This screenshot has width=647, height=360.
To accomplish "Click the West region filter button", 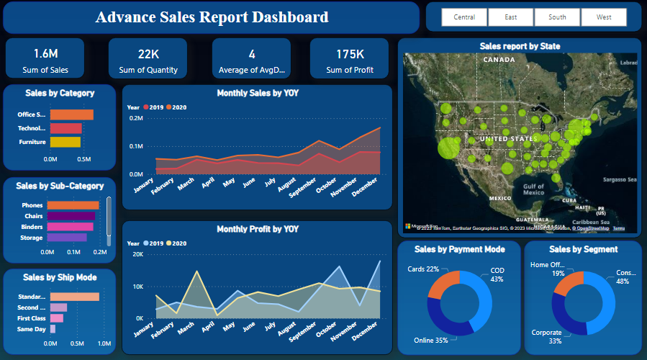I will (x=604, y=17).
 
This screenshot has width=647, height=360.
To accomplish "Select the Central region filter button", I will (x=463, y=17).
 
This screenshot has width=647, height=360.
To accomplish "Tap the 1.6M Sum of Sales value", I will (x=45, y=54).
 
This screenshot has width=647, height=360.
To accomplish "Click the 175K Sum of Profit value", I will (x=350, y=54).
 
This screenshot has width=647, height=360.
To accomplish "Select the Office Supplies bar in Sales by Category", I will (x=71, y=114).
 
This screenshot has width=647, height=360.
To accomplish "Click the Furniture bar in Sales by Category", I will (x=65, y=142).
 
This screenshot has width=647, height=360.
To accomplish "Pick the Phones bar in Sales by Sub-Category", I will (x=73, y=205).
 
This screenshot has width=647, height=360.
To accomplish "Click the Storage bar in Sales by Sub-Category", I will (x=67, y=237).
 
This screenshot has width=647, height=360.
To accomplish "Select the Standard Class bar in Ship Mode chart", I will (x=74, y=297).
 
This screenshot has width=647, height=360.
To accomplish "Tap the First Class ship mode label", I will (x=32, y=318).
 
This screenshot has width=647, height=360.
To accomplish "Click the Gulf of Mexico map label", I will (x=533, y=189).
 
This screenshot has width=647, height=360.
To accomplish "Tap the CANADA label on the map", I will (x=499, y=60).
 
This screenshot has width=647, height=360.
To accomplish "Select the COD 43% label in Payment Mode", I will (x=497, y=274).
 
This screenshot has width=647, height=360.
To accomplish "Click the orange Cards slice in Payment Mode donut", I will (x=444, y=284).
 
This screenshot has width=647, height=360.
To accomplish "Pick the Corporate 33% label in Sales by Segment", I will (x=546, y=337).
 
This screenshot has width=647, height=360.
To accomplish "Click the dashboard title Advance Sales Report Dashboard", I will (x=212, y=17).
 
